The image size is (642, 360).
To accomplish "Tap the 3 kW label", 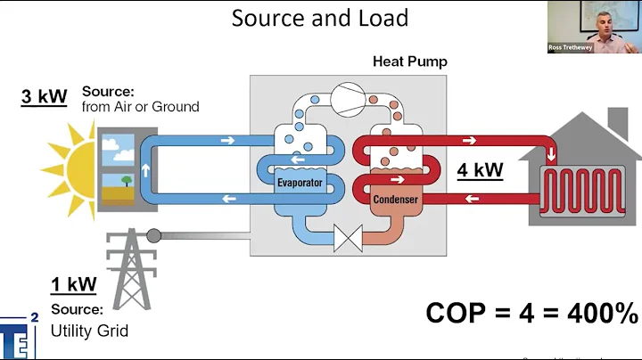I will point(45,96).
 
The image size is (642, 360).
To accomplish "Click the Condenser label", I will point(394,200).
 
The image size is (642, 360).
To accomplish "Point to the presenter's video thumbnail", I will point(594,27).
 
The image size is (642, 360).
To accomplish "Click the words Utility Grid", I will point(89,331).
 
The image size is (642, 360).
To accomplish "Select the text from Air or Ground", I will point(140,107).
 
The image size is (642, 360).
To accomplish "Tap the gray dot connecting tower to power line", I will point(155,236).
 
